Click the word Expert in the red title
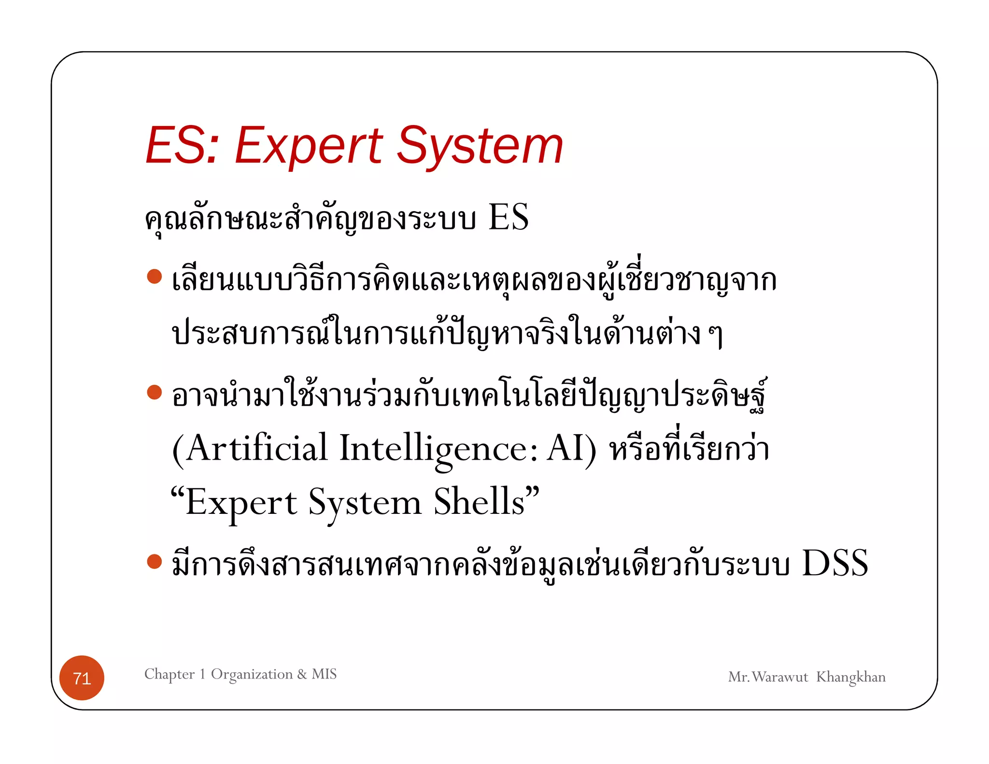click(309, 146)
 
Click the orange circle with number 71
click(82, 678)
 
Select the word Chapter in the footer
click(170, 674)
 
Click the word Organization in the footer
click(252, 674)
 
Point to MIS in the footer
click(324, 674)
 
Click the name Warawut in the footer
click(780, 677)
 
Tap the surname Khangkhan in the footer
click(851, 677)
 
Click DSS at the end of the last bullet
click(835, 563)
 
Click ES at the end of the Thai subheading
click(509, 217)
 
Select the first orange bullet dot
click(154, 277)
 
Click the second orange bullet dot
click(154, 392)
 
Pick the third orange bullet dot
click(154, 562)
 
